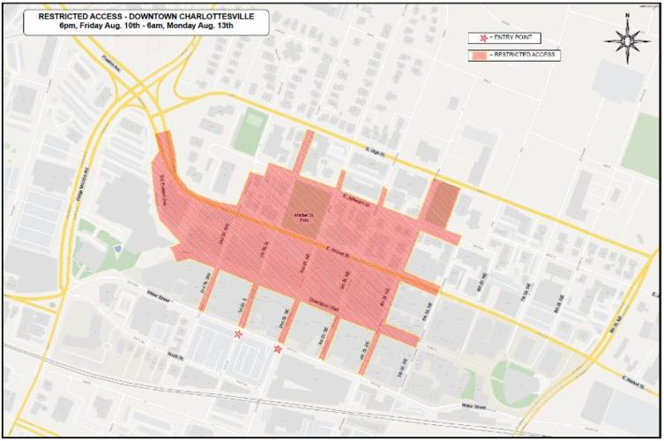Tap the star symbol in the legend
[481, 38]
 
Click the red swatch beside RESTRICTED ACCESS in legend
[481, 56]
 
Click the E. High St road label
[374, 152]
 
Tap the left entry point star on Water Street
[237, 335]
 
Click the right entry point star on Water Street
[280, 350]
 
